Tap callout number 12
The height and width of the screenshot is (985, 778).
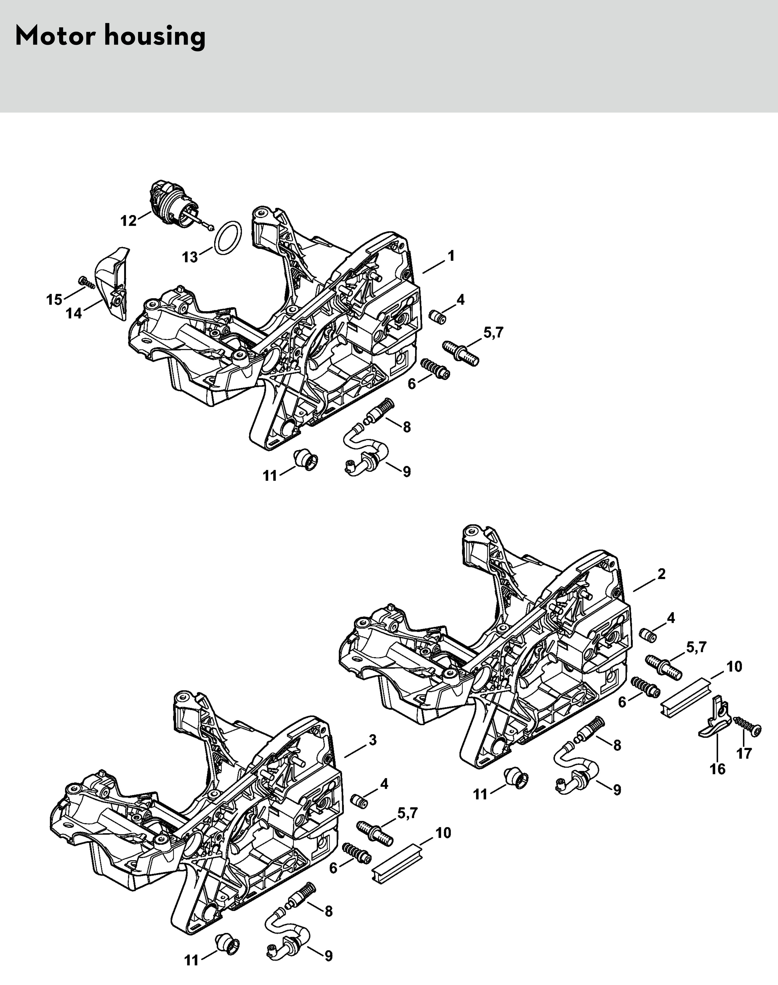coord(129,221)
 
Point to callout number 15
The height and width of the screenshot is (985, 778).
coord(54,300)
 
